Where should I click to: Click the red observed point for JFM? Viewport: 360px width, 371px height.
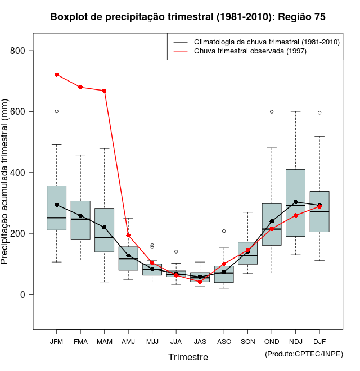click(x=57, y=74)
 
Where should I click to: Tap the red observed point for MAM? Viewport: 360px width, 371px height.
click(x=105, y=91)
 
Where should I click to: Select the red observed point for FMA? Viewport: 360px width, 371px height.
click(x=80, y=87)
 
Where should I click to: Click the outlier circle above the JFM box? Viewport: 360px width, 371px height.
click(x=57, y=111)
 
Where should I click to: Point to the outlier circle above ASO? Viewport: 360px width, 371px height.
click(x=224, y=231)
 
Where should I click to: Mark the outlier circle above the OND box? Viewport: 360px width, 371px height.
click(x=272, y=111)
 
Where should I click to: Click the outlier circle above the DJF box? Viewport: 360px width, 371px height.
click(x=319, y=112)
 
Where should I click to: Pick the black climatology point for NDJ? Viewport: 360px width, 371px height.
click(x=295, y=202)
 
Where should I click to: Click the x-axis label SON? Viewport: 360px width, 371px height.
click(x=247, y=341)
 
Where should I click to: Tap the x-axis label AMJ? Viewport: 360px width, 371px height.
click(x=128, y=341)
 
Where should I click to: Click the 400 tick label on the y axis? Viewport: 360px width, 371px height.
click(x=19, y=173)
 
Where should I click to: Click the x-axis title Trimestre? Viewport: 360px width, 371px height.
click(x=188, y=357)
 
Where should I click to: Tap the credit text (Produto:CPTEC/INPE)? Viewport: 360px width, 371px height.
click(x=304, y=354)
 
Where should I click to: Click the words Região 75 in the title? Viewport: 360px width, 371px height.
click(x=301, y=17)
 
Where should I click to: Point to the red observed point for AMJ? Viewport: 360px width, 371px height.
click(x=128, y=235)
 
